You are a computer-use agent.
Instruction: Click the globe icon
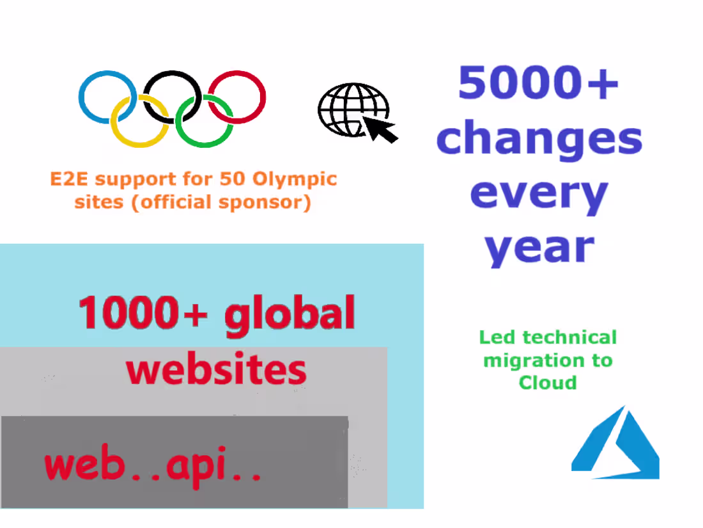[348, 109]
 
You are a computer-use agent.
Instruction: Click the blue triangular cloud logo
[615, 445]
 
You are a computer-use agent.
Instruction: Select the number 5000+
[538, 83]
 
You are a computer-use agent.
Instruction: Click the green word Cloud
[548, 383]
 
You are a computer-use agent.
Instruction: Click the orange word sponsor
[268, 203]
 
